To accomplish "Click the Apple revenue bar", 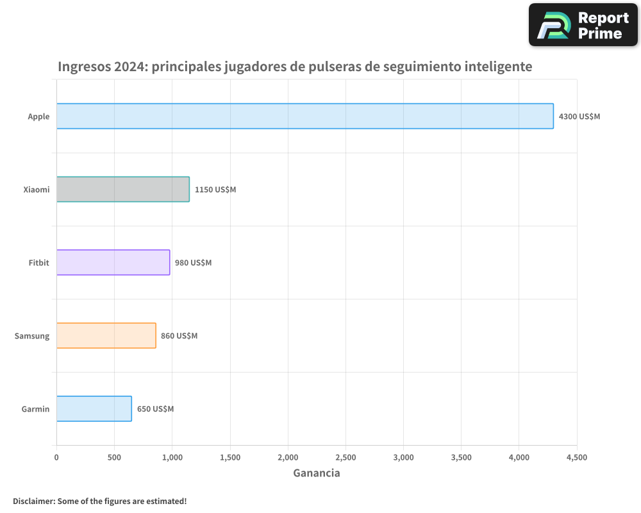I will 305,116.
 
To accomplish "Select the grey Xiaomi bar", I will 123,189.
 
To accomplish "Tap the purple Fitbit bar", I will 113,262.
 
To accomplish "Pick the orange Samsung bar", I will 106,335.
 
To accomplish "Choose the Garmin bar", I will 94,408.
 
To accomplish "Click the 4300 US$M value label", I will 579,117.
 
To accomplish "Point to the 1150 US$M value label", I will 215,190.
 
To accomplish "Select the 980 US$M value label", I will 193,263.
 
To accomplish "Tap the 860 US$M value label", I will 179,336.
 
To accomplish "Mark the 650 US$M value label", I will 155,409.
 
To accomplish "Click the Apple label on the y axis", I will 38,117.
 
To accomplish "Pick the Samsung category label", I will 32,336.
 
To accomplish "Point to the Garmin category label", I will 35,409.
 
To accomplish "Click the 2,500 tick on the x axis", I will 345,457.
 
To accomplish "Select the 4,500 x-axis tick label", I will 576,457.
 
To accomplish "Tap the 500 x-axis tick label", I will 114,457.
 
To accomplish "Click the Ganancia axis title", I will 317,473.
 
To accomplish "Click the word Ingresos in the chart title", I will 83,67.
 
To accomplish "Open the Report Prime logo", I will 583,25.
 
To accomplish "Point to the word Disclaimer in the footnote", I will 33,501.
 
